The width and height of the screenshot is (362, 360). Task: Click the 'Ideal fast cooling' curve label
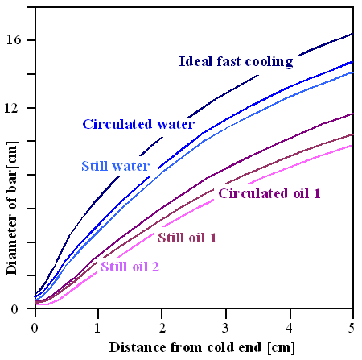[x=235, y=61]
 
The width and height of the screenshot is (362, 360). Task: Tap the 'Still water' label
[x=115, y=167]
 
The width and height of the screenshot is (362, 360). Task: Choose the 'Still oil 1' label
[x=187, y=237]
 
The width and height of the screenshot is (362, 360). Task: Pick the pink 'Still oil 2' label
[x=130, y=267]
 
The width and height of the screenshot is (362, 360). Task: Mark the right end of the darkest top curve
[x=352, y=34]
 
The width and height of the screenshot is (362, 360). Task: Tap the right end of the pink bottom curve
[x=352, y=145]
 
